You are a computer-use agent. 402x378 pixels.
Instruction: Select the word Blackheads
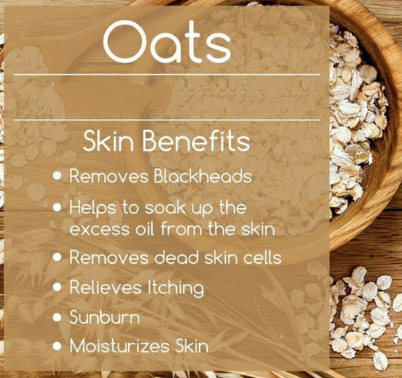pyautogui.click(x=203, y=176)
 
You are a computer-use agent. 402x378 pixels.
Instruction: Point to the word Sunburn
pyautogui.click(x=105, y=317)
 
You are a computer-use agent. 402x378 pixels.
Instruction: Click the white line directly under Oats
pyautogui.click(x=167, y=74)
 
